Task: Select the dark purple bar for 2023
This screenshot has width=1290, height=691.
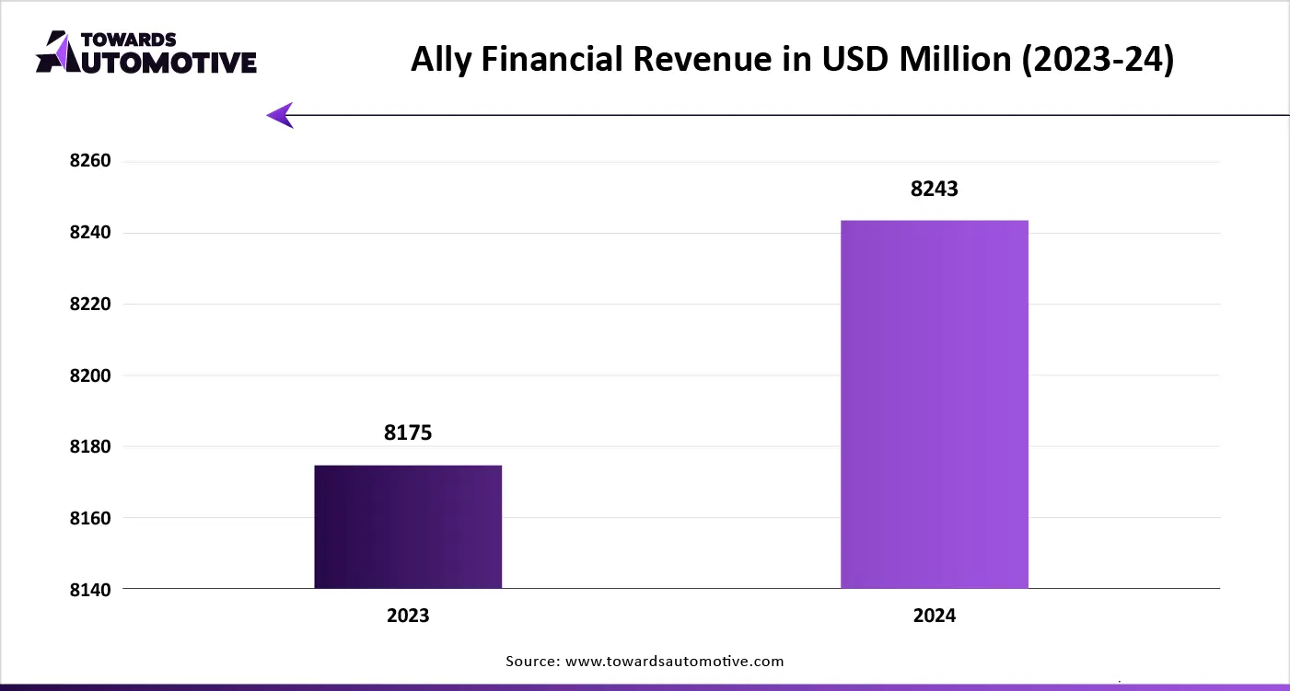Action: [408, 526]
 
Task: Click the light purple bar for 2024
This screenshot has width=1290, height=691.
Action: [935, 404]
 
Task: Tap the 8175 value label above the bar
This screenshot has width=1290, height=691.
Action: [408, 433]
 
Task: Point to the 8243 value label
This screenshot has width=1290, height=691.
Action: [935, 189]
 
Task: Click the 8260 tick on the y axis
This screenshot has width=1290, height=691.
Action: [89, 162]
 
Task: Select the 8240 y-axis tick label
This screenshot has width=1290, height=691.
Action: [89, 233]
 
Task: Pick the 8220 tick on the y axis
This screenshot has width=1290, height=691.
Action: [89, 305]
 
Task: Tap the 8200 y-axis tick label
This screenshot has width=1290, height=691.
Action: [89, 375]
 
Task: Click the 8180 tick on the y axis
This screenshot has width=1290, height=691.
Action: [89, 447]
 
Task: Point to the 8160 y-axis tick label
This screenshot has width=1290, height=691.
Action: [89, 518]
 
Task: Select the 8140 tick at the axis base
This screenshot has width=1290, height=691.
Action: [89, 590]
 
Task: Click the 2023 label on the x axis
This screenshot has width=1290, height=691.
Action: [408, 616]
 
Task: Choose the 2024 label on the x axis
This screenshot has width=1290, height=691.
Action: [935, 616]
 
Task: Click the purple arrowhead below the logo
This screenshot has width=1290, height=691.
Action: [281, 115]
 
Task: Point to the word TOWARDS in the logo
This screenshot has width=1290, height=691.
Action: [129, 40]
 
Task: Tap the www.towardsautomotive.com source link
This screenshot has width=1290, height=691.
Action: [674, 661]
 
